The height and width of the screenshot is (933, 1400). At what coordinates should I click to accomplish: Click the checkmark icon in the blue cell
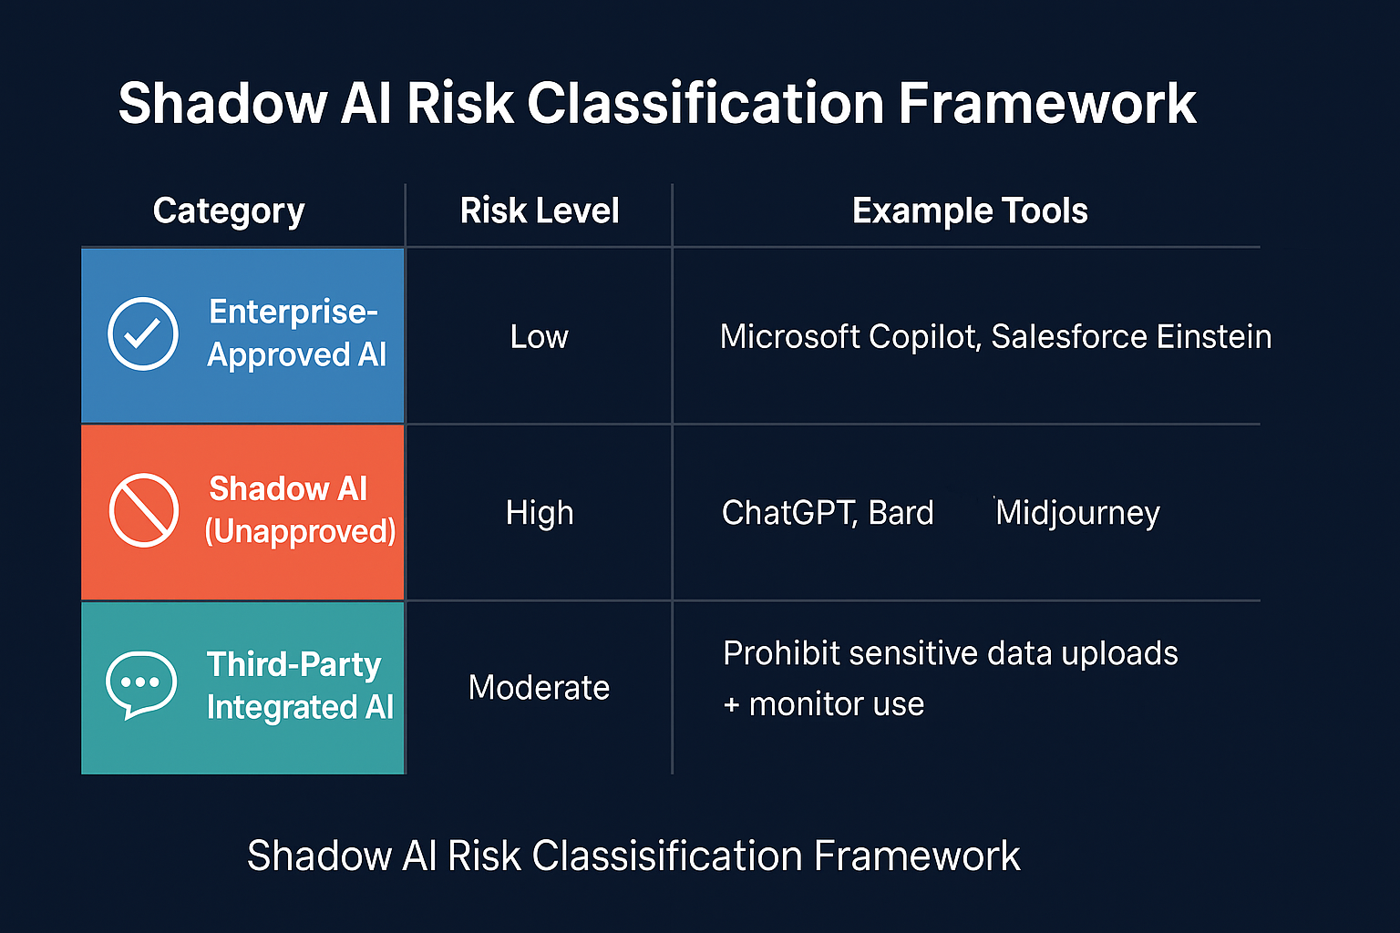click(143, 333)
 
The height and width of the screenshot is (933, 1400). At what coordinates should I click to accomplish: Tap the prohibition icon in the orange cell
click(143, 510)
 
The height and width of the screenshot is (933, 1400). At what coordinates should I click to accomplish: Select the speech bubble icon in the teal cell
click(140, 684)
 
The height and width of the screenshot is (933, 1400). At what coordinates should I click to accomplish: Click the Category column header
click(229, 211)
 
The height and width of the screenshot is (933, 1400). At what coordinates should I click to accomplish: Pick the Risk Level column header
click(540, 211)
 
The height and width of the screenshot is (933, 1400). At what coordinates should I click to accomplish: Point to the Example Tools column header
click(970, 211)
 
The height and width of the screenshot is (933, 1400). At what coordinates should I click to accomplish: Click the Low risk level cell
click(539, 337)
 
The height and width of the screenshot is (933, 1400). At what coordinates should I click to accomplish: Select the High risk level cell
click(540, 513)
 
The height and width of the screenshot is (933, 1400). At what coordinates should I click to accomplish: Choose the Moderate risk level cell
click(539, 688)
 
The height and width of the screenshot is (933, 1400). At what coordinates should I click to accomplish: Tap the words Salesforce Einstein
click(1131, 337)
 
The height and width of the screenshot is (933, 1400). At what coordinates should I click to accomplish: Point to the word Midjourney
click(1077, 513)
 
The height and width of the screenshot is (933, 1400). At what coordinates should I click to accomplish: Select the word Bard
click(901, 513)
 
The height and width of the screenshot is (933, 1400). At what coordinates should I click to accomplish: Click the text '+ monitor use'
click(824, 704)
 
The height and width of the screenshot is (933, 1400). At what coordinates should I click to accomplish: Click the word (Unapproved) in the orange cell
click(300, 531)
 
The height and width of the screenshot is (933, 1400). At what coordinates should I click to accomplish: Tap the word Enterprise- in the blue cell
click(293, 312)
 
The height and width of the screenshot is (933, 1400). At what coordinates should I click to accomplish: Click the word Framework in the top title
click(1046, 103)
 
